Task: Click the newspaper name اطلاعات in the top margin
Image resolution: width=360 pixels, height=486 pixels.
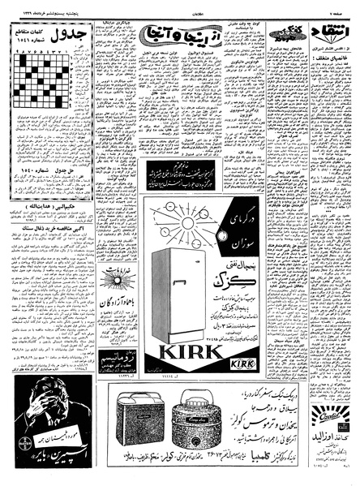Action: [181, 6]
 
